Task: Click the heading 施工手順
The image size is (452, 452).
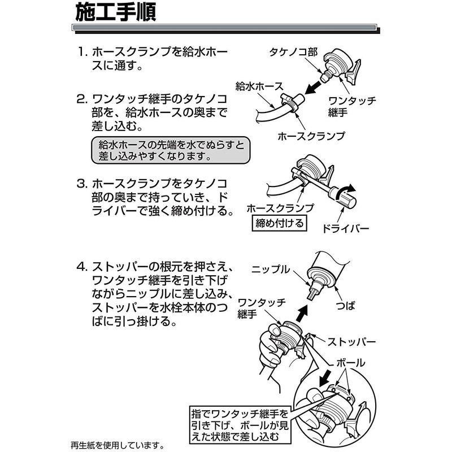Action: (116, 12)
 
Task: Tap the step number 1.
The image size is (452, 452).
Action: (82, 52)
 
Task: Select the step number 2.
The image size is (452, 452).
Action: (81, 99)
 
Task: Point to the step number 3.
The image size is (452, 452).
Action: (82, 184)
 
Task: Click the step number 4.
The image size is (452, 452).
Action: (82, 267)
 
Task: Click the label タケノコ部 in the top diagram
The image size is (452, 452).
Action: (293, 52)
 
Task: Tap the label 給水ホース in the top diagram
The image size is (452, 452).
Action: (259, 86)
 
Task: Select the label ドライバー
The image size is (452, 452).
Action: (346, 229)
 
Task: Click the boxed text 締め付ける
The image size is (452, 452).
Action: (279, 223)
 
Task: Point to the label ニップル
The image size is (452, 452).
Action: (271, 270)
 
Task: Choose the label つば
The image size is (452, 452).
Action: (346, 305)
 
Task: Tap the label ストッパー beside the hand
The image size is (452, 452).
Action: (351, 342)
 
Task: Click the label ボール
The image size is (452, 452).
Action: (351, 363)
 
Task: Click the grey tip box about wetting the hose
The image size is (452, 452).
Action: (171, 150)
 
